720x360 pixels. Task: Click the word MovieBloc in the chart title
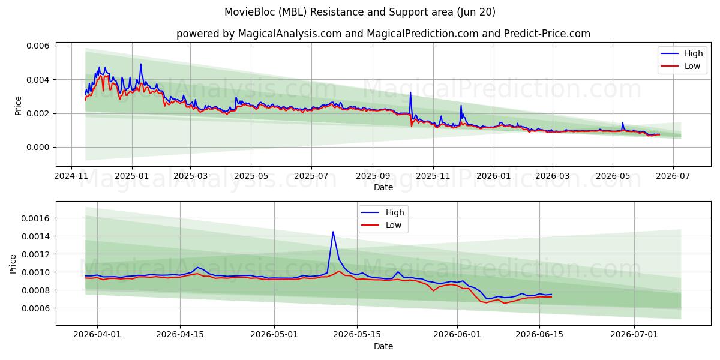pos(250,12)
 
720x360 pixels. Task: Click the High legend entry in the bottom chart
pos(383,212)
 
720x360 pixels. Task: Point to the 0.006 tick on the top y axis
pos(38,46)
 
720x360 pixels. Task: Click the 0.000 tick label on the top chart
pos(38,147)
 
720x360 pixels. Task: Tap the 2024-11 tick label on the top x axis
pos(71,176)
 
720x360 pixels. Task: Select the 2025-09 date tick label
pos(373,176)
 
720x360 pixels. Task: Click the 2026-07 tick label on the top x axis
pos(673,176)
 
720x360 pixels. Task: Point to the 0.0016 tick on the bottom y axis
pos(35,218)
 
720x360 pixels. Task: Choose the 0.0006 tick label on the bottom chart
pos(35,308)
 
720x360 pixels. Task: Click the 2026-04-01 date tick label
pos(97,335)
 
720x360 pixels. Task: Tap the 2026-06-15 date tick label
pos(539,335)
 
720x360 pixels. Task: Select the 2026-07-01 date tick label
pos(634,335)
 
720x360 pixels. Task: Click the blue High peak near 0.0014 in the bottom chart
pos(333,232)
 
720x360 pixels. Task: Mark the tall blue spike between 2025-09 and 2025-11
pos(410,92)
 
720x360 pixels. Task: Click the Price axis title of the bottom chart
pos(13,264)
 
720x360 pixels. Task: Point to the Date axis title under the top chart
pos(383,187)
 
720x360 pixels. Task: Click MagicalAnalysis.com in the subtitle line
pos(290,34)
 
